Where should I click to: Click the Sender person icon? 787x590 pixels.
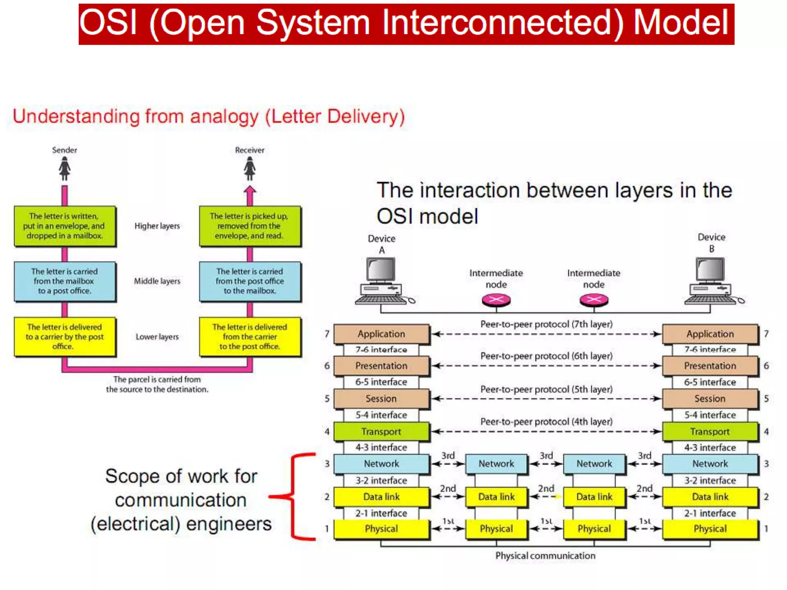click(x=65, y=169)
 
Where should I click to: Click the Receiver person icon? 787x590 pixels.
click(x=250, y=169)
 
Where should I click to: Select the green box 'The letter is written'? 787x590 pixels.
click(x=65, y=226)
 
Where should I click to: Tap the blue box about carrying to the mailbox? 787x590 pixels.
click(x=250, y=281)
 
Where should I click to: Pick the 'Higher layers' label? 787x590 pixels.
click(x=157, y=226)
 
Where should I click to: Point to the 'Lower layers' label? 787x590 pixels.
click(x=157, y=337)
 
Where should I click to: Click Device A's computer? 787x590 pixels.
click(x=381, y=282)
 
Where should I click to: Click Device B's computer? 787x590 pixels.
click(x=711, y=282)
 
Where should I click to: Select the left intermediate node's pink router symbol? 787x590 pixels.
click(x=496, y=300)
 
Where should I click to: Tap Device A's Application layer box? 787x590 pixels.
click(x=381, y=334)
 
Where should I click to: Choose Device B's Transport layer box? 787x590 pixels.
click(x=710, y=431)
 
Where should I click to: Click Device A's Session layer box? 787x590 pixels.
click(x=381, y=399)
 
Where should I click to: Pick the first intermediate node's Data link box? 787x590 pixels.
click(x=496, y=497)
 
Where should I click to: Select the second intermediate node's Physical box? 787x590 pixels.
click(x=594, y=529)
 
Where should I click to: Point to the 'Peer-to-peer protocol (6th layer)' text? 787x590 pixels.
click(x=546, y=356)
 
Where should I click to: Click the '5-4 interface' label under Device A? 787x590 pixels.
click(x=381, y=415)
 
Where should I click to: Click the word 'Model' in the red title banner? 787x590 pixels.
click(x=681, y=23)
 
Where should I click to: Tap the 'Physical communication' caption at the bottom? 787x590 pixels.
click(x=545, y=556)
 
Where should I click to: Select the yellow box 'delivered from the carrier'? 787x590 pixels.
click(x=250, y=337)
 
